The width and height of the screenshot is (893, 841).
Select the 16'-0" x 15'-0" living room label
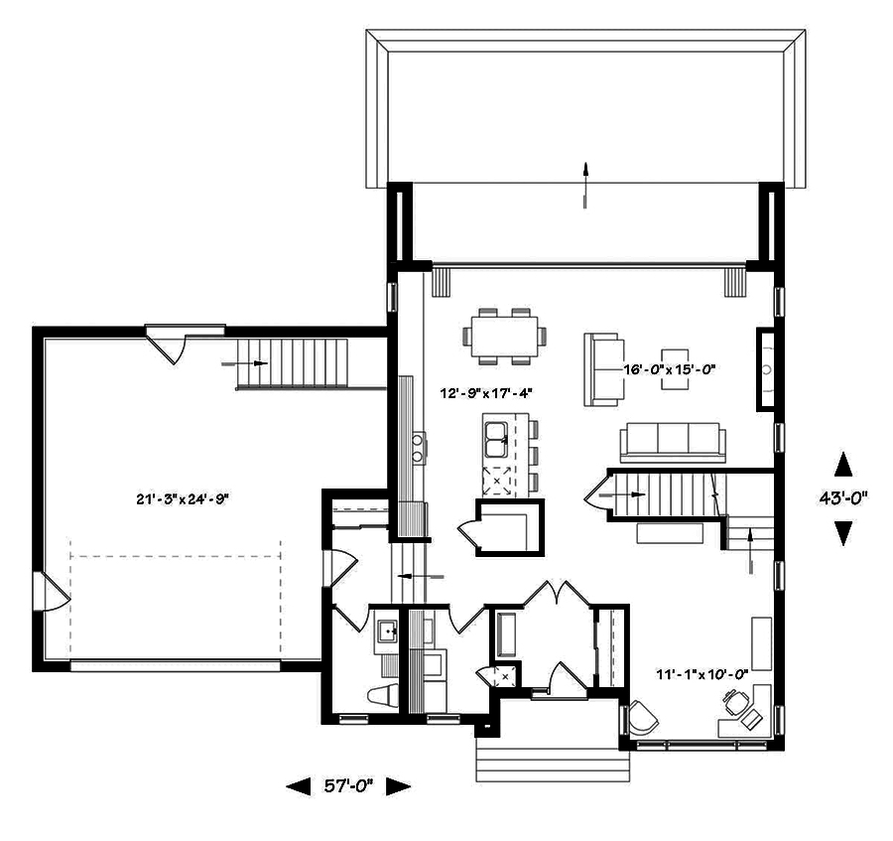669,368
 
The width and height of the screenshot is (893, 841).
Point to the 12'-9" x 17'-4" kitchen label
486,393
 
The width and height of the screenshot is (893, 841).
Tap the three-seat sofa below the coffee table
672,442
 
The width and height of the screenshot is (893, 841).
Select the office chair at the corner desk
734,703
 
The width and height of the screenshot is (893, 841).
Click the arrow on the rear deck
586,185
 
